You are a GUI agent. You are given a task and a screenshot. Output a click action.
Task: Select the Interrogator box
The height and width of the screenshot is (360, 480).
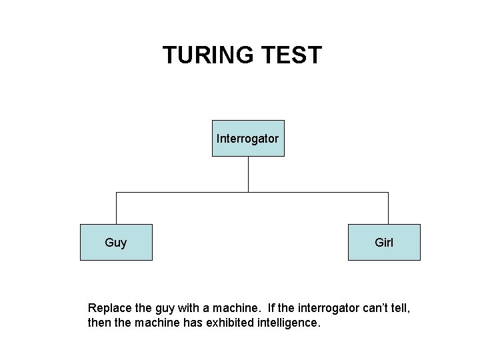point(248,139)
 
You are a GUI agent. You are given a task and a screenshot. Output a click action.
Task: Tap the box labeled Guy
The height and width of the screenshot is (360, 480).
point(116,242)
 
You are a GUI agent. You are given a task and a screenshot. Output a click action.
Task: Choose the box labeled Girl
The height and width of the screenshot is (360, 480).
point(384,242)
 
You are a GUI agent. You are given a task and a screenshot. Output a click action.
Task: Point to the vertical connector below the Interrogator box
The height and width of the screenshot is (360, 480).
point(248,174)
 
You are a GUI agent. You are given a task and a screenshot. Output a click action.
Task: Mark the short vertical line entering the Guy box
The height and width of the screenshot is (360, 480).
point(117,208)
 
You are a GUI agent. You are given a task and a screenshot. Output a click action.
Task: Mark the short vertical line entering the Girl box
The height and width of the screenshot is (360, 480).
point(388,208)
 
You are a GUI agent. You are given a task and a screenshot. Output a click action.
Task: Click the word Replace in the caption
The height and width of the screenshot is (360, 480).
point(110,309)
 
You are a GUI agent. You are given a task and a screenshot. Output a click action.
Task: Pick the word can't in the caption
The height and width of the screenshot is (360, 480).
point(372,309)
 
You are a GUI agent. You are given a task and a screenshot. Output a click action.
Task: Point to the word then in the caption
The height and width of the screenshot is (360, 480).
point(99,323)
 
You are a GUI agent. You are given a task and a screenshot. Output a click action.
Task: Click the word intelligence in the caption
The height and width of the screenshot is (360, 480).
point(291,323)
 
